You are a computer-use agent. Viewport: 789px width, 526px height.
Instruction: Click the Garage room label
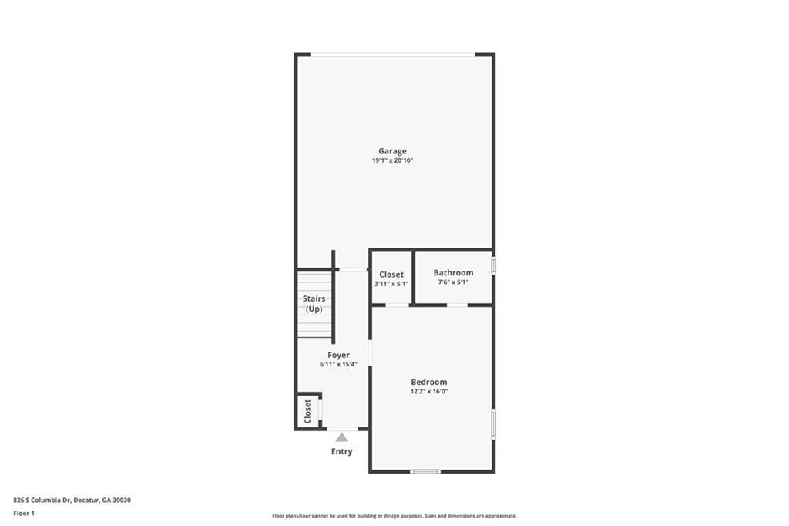click(x=392, y=151)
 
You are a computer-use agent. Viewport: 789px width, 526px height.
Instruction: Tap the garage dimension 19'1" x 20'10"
click(x=392, y=161)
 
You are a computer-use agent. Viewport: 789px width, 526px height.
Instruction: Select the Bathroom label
click(x=453, y=272)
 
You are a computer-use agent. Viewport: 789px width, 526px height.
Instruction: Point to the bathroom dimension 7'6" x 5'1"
click(x=453, y=282)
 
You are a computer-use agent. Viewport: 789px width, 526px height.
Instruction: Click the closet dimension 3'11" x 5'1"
click(x=391, y=284)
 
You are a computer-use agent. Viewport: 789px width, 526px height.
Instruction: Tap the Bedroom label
click(x=428, y=382)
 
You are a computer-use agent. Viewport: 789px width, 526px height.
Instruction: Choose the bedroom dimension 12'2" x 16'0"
click(x=428, y=392)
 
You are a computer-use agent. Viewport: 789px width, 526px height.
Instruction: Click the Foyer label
click(x=338, y=355)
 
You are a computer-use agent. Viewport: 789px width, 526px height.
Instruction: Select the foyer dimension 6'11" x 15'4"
click(x=338, y=365)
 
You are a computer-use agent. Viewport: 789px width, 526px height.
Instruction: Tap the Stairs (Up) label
click(x=314, y=303)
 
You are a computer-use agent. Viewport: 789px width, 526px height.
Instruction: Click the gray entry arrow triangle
click(x=341, y=438)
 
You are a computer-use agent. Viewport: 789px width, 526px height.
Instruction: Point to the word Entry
click(x=341, y=451)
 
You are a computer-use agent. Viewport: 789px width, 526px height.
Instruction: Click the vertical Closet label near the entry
click(x=307, y=410)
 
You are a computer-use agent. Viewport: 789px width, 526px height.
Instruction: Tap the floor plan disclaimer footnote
click(x=394, y=516)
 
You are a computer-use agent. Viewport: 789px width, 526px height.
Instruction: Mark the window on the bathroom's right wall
click(x=493, y=265)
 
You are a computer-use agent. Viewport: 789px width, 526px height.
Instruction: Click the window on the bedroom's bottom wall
click(x=425, y=471)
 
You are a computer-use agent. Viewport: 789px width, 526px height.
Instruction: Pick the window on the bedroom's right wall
click(x=493, y=423)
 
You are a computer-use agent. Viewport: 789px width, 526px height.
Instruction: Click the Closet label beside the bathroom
click(x=391, y=275)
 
